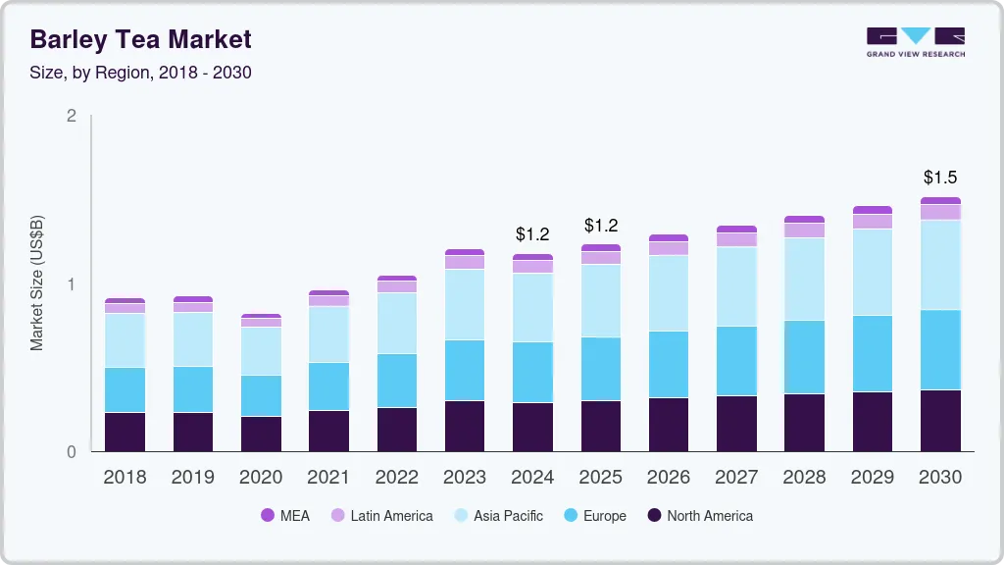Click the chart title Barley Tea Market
[x=140, y=39]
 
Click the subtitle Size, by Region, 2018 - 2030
[x=140, y=73]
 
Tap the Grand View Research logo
[x=915, y=41]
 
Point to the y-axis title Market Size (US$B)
[x=36, y=282]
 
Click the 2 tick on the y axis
[x=71, y=116]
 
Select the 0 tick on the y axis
[x=71, y=452]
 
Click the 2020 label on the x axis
[x=261, y=477]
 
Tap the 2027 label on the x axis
[x=736, y=477]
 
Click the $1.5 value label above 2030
[x=940, y=178]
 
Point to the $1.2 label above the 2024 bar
[x=532, y=234]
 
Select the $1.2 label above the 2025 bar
[x=601, y=226]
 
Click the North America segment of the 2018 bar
[x=125, y=432]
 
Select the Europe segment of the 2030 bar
[x=940, y=349]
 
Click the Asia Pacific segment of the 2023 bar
[x=465, y=304]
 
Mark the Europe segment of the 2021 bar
[x=328, y=386]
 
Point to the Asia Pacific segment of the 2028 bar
[x=805, y=279]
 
